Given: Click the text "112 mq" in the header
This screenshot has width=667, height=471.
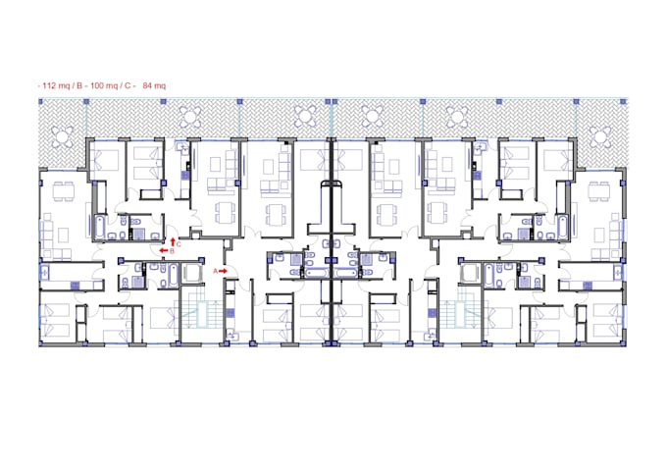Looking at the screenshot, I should point(55,86).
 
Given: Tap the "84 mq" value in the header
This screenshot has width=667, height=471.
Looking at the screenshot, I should point(154,86).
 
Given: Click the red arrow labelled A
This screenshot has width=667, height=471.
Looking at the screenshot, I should point(225,270).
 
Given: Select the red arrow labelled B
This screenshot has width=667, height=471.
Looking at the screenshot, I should point(162,251).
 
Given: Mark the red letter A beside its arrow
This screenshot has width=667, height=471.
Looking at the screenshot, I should point(215,270).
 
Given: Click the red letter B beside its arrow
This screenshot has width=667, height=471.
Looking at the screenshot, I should point(172,251).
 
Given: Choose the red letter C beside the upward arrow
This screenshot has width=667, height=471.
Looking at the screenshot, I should point(179,243).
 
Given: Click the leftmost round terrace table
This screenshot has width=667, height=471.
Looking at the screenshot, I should point(63,134).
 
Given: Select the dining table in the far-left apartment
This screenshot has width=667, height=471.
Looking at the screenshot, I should point(63,190).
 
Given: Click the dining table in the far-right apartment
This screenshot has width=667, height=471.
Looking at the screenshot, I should point(599,190).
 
